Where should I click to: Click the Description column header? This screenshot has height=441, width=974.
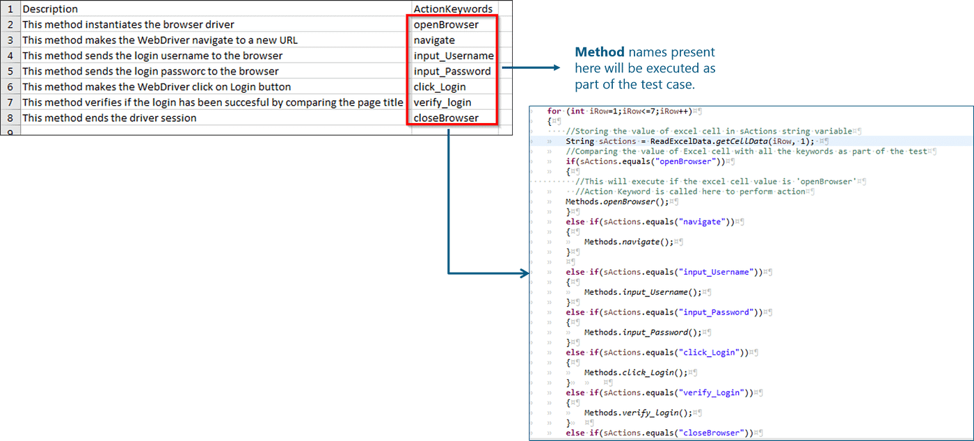(x=50, y=9)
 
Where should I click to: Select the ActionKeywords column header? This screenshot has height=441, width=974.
(x=453, y=9)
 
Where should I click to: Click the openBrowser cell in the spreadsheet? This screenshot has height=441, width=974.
(x=446, y=24)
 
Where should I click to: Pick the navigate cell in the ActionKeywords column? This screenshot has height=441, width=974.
(x=434, y=40)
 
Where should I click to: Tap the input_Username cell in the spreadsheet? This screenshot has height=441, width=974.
(x=454, y=56)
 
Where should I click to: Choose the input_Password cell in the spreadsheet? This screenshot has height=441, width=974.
(x=452, y=71)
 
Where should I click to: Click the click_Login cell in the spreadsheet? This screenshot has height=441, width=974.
(x=440, y=87)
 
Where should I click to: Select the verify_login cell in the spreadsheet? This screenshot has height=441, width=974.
(x=442, y=102)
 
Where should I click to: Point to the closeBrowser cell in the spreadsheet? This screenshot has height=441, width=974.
(x=446, y=118)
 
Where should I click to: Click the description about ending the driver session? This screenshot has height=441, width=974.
(x=109, y=118)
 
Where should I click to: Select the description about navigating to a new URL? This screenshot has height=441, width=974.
(x=160, y=40)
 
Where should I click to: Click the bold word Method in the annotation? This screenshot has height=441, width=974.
(x=599, y=52)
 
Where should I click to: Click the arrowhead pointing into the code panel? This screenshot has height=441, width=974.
(x=525, y=273)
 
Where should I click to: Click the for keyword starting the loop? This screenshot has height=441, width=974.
(x=554, y=111)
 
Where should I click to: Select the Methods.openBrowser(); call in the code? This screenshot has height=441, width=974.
(x=617, y=202)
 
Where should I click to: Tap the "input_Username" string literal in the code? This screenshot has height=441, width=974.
(x=718, y=272)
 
